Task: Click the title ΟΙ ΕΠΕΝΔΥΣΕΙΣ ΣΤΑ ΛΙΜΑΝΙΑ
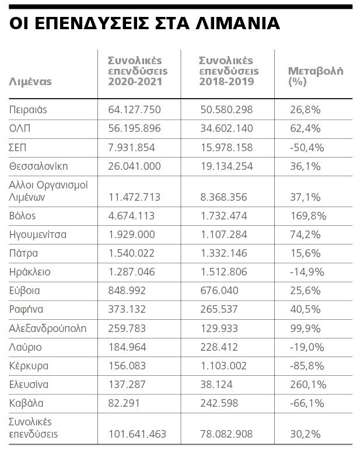click(145, 23)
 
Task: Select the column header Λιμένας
click(30, 82)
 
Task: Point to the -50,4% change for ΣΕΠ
click(307, 147)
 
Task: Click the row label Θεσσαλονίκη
click(39, 166)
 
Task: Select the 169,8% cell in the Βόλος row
click(308, 216)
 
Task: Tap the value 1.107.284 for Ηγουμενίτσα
click(223, 235)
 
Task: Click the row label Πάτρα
click(24, 253)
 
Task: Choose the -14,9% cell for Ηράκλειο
click(306, 272)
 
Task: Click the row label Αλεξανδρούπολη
click(48, 329)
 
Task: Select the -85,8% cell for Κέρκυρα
click(307, 366)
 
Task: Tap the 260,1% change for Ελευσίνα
click(308, 385)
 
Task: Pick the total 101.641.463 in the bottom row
click(137, 434)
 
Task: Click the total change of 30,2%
click(305, 434)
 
